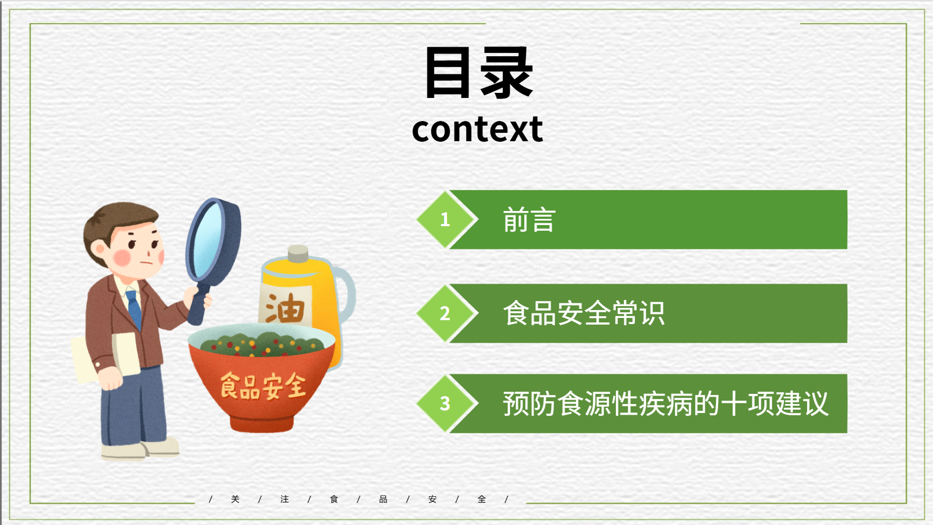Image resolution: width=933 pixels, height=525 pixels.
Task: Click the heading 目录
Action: point(479,73)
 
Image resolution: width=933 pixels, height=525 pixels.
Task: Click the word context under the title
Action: point(477,129)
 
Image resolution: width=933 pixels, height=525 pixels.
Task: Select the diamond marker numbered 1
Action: point(445,219)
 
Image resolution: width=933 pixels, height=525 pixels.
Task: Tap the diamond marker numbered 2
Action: point(445,313)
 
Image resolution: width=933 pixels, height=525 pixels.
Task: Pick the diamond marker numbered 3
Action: point(445,403)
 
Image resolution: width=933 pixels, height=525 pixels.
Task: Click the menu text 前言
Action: point(529,220)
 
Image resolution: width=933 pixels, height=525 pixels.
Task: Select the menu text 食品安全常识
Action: point(584,313)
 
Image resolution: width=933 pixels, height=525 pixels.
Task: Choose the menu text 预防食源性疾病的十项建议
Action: point(665,403)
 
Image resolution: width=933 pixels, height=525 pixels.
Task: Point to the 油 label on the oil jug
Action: point(285,308)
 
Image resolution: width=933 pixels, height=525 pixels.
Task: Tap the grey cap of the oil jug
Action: point(298,254)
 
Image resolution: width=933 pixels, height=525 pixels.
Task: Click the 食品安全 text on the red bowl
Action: point(263,386)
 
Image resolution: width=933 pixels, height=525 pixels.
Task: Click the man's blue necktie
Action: point(134,309)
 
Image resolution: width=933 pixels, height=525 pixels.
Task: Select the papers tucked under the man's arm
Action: point(106,358)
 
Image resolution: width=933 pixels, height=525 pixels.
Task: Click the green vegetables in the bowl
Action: point(262,344)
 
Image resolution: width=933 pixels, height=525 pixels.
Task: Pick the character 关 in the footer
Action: point(235,499)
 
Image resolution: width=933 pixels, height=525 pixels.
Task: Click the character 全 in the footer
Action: point(482,499)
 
